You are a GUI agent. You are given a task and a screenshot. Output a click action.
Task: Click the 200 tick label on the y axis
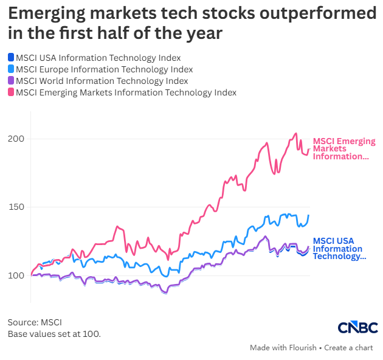[x=16, y=139]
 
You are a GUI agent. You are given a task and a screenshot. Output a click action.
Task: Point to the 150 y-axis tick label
[x=16, y=207]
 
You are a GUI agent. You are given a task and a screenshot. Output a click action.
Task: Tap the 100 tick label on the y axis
[x=16, y=275]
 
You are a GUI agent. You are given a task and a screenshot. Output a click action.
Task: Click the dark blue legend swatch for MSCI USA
[x=11, y=57]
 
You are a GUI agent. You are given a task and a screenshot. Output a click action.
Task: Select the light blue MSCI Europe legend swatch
[x=11, y=69]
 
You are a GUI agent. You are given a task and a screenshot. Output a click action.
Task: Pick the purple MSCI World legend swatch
[x=11, y=80]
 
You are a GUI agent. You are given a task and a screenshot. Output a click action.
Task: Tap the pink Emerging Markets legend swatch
[x=11, y=92]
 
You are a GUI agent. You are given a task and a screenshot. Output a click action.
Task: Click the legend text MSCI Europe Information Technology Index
[x=105, y=69]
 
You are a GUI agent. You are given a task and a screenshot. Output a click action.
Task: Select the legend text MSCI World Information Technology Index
[x=102, y=81]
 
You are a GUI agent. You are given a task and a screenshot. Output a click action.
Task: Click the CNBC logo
[x=358, y=327]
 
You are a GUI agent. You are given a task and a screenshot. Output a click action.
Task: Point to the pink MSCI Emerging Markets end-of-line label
[x=344, y=148]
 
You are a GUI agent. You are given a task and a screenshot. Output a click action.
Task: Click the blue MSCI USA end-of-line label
[x=339, y=249]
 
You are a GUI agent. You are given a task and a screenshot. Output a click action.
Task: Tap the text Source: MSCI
[x=35, y=322]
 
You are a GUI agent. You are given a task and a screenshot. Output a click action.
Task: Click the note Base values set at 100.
[x=54, y=334]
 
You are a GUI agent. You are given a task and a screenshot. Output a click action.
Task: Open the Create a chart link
[x=348, y=348]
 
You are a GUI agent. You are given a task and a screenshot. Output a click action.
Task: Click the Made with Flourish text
[x=283, y=348]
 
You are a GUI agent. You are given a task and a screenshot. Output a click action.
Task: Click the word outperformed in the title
[x=318, y=14]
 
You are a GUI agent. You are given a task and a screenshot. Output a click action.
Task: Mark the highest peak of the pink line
[x=296, y=133]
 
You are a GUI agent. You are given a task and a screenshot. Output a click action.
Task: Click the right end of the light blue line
[x=309, y=215]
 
